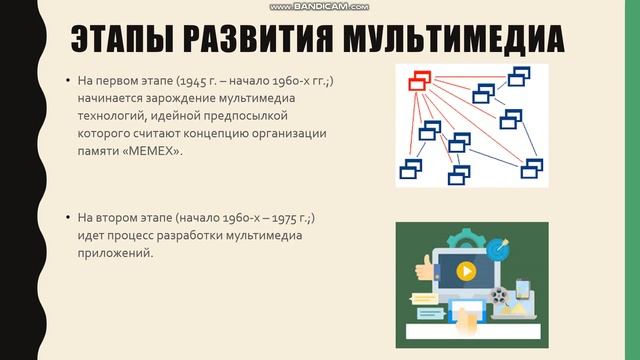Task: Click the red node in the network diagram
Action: click(418, 78)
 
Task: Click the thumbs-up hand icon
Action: click(423, 267)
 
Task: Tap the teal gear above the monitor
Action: click(463, 239)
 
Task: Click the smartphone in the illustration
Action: click(521, 292)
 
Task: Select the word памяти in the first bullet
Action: click(97, 151)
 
